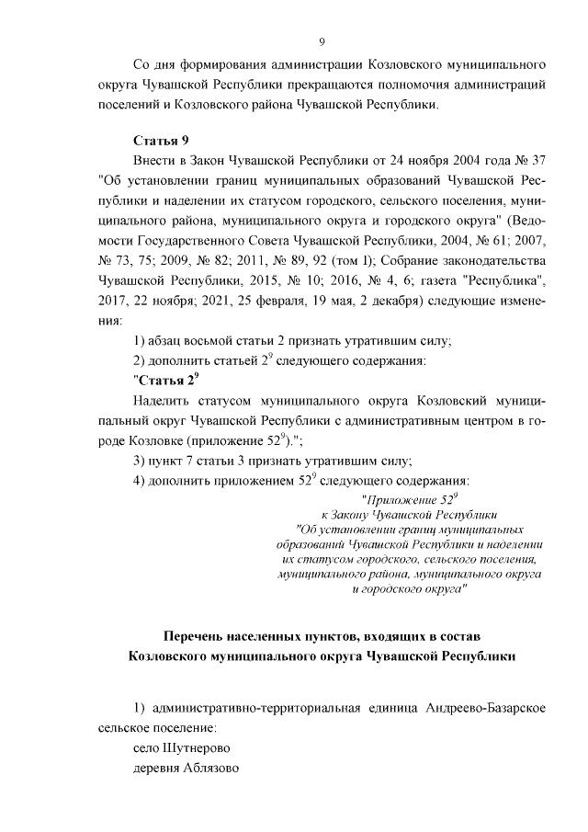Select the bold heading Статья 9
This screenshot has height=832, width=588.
(161, 140)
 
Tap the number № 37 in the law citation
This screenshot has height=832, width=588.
(532, 160)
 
